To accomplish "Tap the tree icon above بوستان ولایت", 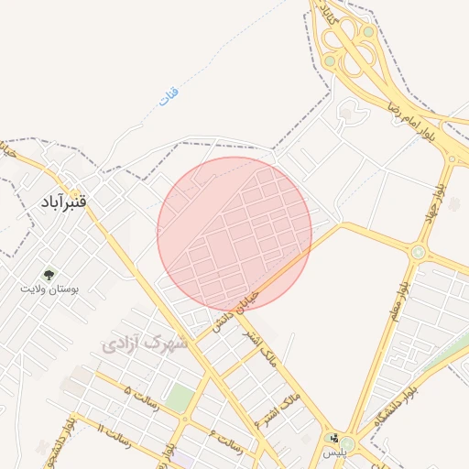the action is pos(49,273).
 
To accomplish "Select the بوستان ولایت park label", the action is pos(49,289).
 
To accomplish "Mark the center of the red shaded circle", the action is pos(234,234).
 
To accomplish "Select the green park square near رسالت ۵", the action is pos(181,398).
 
